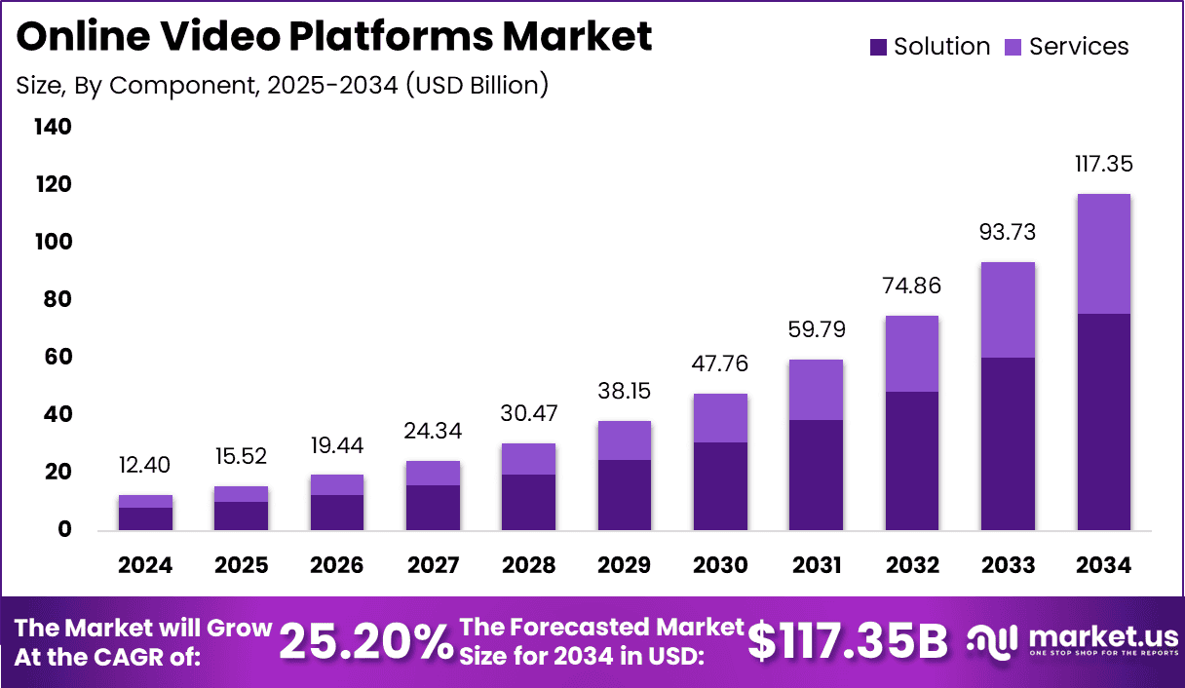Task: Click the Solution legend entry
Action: pos(931,47)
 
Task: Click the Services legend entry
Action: pos(1066,47)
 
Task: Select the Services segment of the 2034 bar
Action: pos(1104,253)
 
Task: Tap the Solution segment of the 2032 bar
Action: pos(912,461)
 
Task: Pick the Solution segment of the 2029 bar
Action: pos(625,495)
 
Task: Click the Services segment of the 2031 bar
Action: pos(817,390)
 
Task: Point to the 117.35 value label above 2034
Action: pos(1104,164)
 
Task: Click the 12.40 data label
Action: pos(145,466)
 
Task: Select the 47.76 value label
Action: pos(720,363)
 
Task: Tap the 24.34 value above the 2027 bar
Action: pos(433,431)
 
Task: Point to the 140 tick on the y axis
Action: pos(52,128)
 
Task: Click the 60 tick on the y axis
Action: pos(57,358)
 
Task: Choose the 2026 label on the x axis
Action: pos(337,566)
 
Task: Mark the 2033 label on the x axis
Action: pos(1009,566)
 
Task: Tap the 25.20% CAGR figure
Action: pos(366,641)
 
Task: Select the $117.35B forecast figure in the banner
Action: pos(848,641)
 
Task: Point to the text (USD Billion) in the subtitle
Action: pos(476,85)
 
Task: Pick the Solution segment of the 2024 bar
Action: pos(145,518)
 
